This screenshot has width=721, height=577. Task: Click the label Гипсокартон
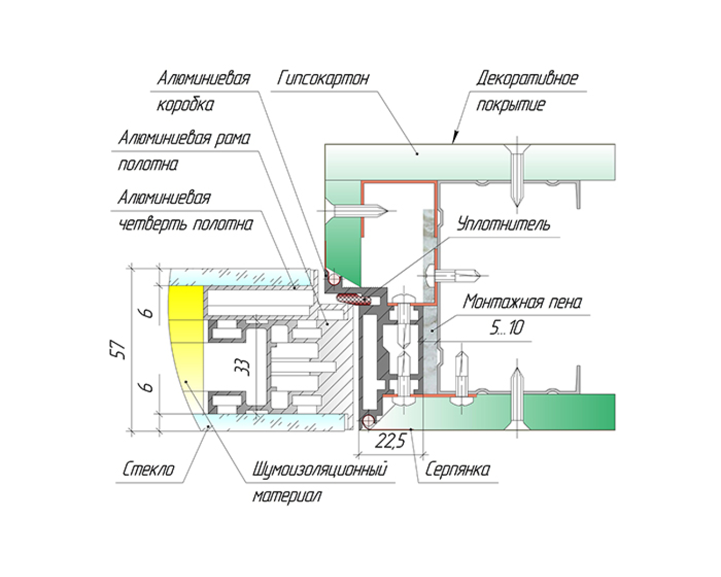click(x=323, y=78)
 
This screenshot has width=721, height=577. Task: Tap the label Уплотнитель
click(x=503, y=225)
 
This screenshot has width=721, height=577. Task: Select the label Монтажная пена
click(x=522, y=302)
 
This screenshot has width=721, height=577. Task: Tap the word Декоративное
click(x=527, y=78)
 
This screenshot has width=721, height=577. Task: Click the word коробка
click(x=185, y=105)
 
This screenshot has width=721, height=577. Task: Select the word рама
click(x=233, y=138)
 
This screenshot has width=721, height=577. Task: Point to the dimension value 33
click(x=244, y=368)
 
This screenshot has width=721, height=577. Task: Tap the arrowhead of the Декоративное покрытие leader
click(x=454, y=139)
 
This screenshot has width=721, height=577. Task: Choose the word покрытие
click(x=510, y=105)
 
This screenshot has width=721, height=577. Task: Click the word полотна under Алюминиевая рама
click(x=148, y=165)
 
